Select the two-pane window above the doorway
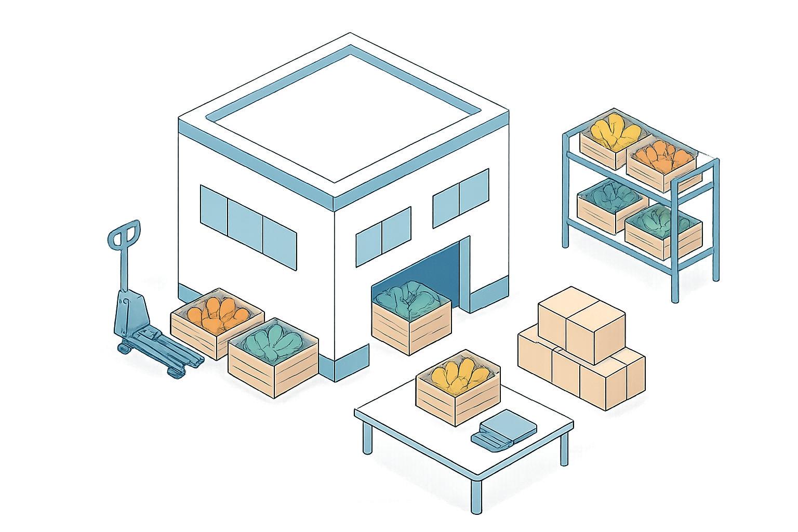(x=460, y=197)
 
